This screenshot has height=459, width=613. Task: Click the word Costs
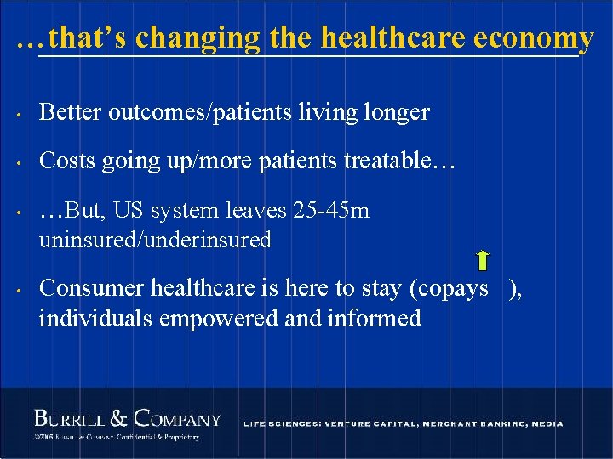tap(67, 161)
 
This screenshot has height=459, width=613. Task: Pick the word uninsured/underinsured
tap(155, 241)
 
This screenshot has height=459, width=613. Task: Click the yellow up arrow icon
tap(483, 261)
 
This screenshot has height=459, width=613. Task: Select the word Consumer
tap(92, 288)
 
